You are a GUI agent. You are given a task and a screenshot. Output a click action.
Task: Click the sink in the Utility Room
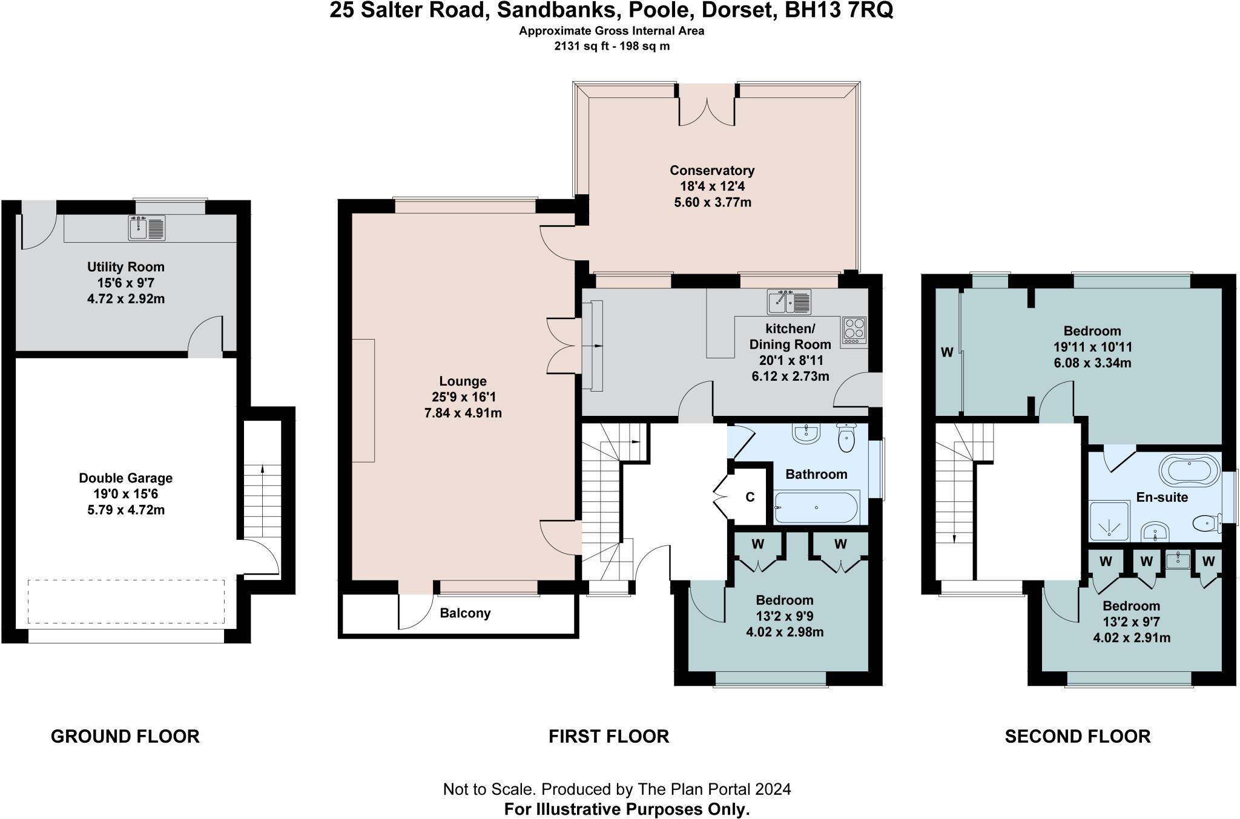(x=147, y=228)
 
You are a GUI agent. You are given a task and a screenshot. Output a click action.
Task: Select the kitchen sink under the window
(x=789, y=302)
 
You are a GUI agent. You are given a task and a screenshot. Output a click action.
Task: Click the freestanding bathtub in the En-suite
(x=1189, y=471)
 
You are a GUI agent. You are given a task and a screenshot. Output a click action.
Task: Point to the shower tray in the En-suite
(x=1109, y=521)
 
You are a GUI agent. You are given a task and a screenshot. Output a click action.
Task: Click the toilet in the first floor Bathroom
(x=846, y=438)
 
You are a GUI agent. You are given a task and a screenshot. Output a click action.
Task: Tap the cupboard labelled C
(x=750, y=497)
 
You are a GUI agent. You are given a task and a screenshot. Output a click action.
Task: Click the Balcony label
(x=465, y=613)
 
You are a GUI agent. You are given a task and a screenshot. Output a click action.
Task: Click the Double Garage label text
(x=125, y=478)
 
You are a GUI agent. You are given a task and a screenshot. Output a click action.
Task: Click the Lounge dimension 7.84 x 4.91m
(x=463, y=413)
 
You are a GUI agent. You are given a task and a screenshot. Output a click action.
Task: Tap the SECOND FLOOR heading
(x=1077, y=736)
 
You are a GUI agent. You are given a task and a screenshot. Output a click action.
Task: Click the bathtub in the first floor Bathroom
(x=816, y=507)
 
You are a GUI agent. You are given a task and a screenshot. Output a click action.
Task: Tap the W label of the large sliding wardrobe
(x=947, y=352)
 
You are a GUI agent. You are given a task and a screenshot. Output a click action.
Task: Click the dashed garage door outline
(x=126, y=601)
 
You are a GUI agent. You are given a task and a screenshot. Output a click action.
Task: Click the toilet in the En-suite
(x=1206, y=522)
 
